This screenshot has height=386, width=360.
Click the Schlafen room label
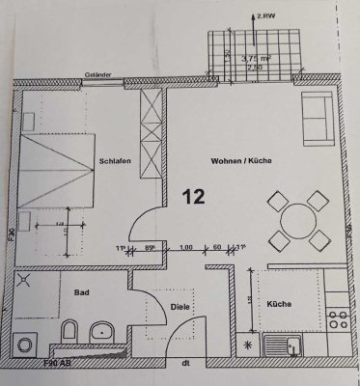click(115, 163)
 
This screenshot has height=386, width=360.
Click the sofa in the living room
click(320, 122)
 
